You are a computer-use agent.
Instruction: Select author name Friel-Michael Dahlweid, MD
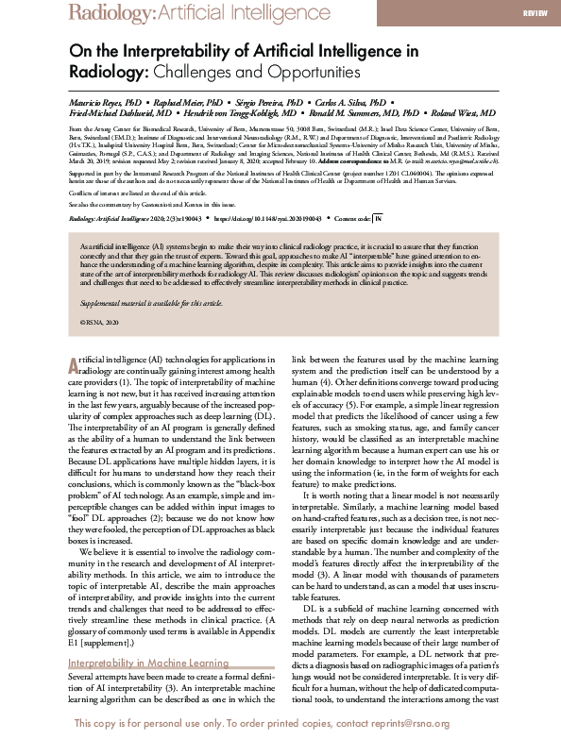pyautogui.click(x=119, y=112)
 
